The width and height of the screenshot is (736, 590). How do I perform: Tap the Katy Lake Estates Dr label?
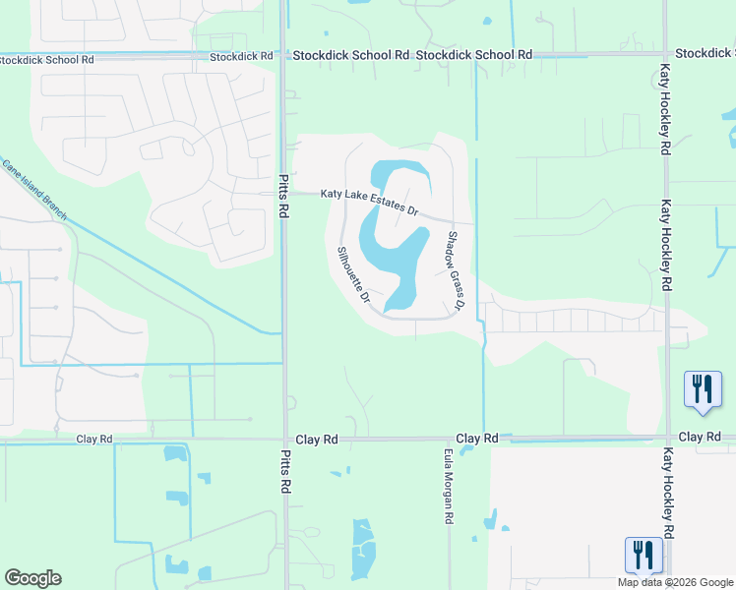click(x=370, y=203)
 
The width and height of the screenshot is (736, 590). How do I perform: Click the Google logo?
click(x=32, y=578)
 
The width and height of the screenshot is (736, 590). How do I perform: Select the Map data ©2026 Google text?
click(x=675, y=582)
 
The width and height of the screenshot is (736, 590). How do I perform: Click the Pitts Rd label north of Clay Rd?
click(x=282, y=197)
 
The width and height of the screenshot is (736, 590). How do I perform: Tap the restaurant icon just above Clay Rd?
click(x=703, y=389)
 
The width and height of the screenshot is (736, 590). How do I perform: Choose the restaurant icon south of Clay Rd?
click(x=644, y=555)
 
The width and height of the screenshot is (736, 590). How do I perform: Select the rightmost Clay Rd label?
click(x=701, y=436)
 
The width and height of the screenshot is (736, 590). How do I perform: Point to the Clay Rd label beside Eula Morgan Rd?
click(x=477, y=438)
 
